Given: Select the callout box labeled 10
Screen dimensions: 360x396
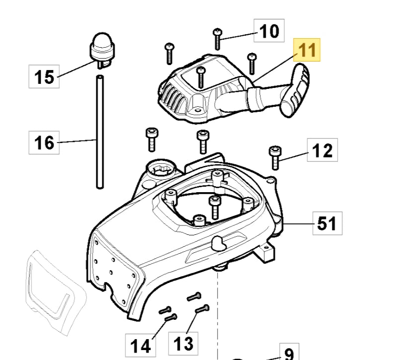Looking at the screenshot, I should click(x=269, y=32).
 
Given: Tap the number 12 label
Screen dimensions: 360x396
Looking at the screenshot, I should click(x=323, y=149).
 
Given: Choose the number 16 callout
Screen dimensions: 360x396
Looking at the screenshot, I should click(x=44, y=143).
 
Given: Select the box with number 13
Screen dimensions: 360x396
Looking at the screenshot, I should click(x=183, y=342).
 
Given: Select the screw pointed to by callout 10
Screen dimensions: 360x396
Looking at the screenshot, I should click(x=218, y=39).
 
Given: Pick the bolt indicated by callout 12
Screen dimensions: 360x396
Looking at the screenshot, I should click(x=274, y=157).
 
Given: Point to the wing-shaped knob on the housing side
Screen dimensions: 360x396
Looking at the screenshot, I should click(x=219, y=243).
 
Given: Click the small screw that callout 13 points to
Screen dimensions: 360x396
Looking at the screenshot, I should click(x=202, y=309).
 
